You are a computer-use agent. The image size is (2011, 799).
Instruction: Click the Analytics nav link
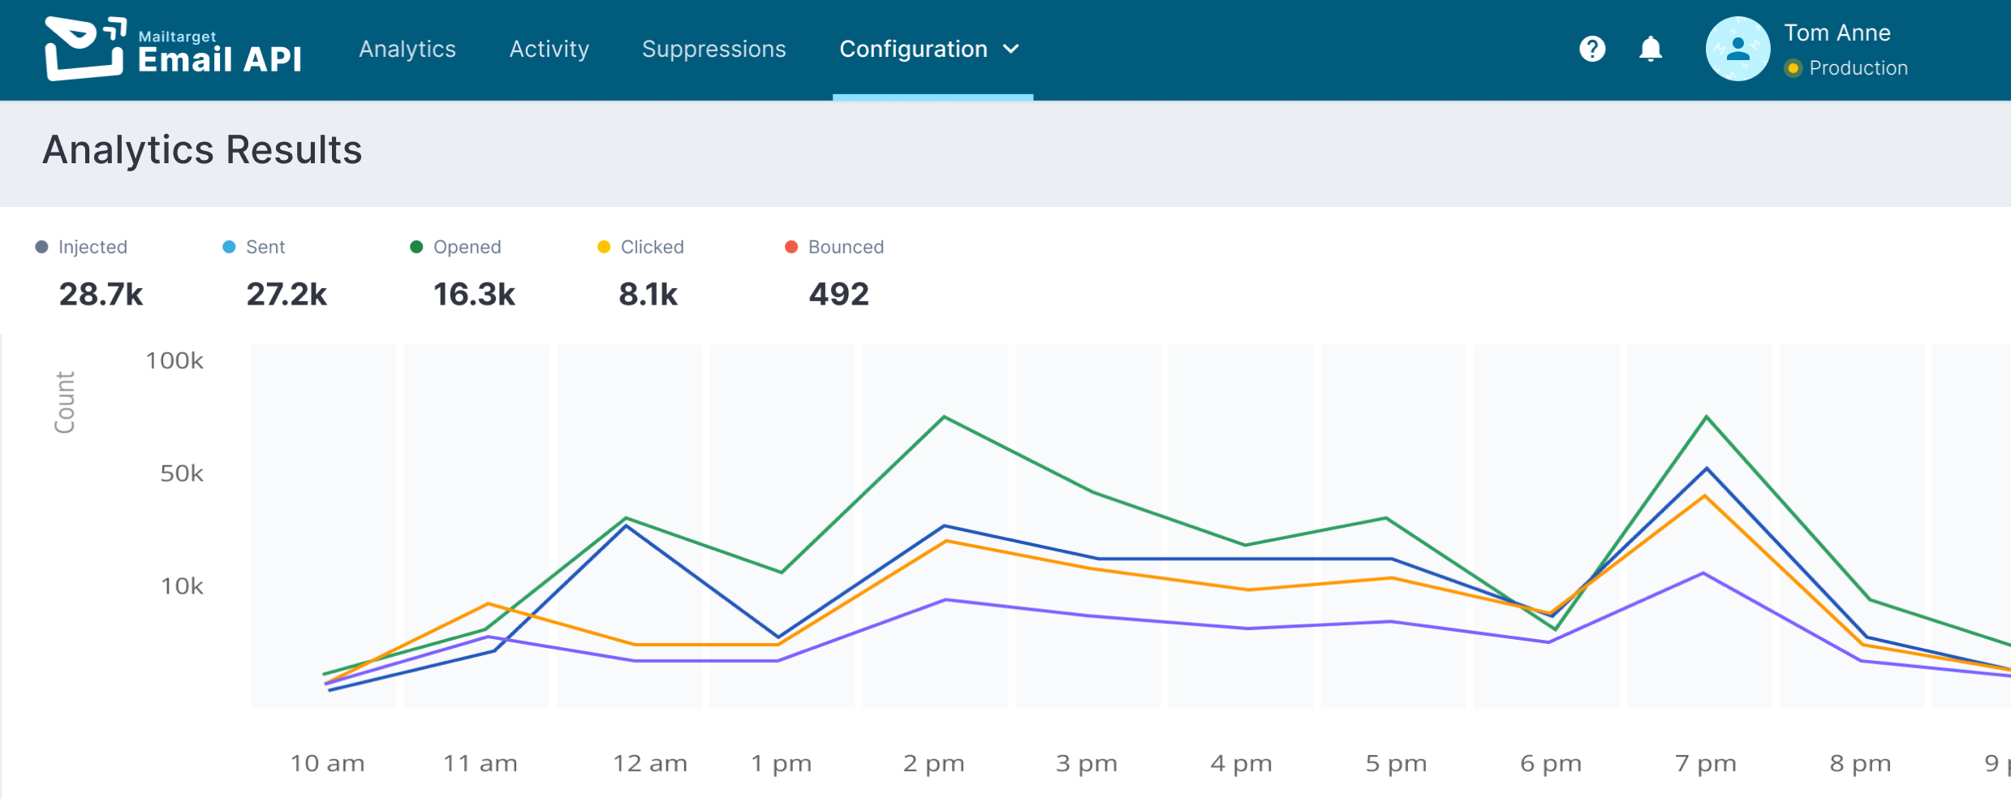coord(407,50)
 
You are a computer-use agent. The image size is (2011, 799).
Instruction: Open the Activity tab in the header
coord(549,50)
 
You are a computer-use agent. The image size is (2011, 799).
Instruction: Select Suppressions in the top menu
coord(713,50)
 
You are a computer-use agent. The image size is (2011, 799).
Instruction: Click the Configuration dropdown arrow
coord(1011,50)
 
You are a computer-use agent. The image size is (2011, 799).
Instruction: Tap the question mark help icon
coord(1592,49)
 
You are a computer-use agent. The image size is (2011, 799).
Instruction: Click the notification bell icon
coord(1651,49)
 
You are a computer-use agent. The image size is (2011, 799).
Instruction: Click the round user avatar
coord(1738,49)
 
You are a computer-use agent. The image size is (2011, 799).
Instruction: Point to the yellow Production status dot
coord(1794,68)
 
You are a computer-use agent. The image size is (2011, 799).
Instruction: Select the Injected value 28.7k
coord(101,294)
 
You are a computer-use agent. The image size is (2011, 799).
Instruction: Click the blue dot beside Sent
coord(229,247)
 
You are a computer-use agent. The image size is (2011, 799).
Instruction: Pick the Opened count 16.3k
coord(474,294)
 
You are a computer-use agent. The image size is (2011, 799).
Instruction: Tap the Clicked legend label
coord(652,247)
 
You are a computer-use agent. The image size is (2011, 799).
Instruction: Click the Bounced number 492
coord(838,294)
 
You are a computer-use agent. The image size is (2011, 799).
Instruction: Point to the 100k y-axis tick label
coord(174,361)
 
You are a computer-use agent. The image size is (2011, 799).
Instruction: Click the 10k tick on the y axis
coord(182,586)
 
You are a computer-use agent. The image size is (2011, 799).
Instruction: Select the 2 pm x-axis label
coord(933,763)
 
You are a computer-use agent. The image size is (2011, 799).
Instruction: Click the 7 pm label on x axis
coord(1705,763)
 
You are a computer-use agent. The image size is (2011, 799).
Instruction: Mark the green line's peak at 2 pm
coord(944,417)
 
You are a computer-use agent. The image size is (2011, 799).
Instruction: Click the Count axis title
coord(65,403)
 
